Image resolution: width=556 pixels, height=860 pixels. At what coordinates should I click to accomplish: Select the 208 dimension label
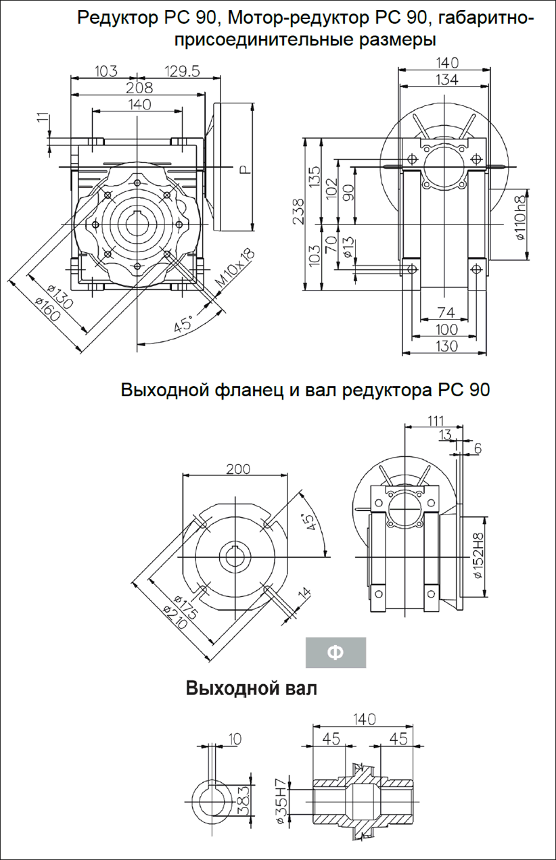(139, 88)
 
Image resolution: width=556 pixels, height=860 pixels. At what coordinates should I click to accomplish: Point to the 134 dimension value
(446, 80)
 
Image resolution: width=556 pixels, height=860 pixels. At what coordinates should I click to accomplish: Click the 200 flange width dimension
(238, 469)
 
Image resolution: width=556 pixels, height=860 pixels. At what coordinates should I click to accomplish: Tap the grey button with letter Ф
(335, 652)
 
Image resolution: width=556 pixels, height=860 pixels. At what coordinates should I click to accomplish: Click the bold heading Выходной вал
(251, 689)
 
